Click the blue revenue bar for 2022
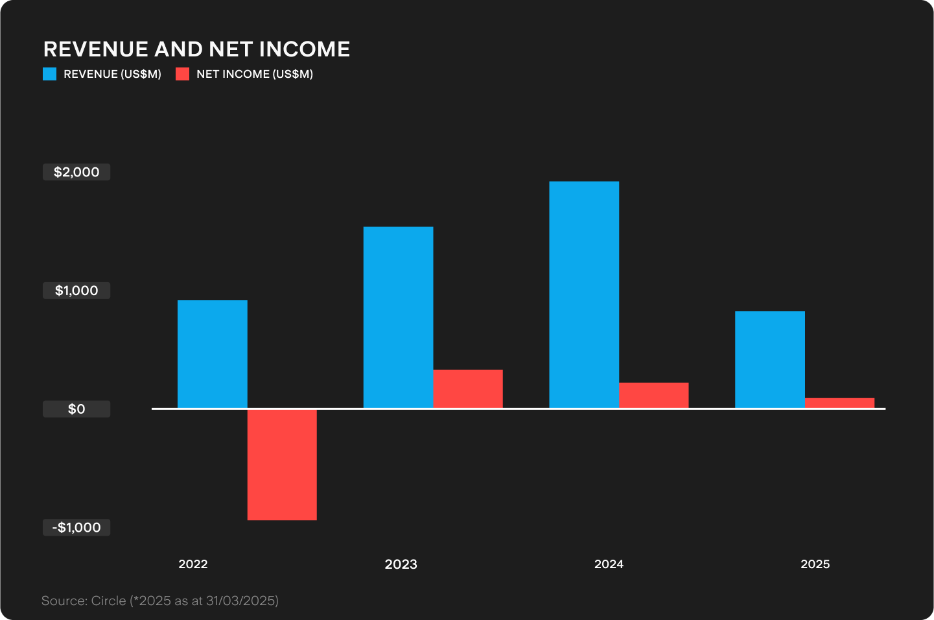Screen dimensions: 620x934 click(x=212, y=354)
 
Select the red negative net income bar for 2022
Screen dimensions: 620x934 click(x=282, y=464)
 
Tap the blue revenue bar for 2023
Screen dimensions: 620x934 click(x=398, y=317)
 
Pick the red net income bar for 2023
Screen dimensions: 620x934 click(x=468, y=389)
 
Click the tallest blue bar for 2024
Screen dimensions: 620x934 click(x=584, y=294)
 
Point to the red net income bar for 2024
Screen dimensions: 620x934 click(x=653, y=396)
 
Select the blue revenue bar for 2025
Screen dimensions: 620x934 click(x=769, y=359)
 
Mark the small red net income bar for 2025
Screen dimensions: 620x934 click(x=839, y=403)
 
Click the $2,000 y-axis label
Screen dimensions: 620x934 click(x=76, y=172)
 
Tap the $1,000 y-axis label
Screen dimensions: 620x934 click(x=76, y=291)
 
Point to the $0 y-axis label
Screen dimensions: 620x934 click(x=76, y=409)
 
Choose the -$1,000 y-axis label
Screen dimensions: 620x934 click(x=76, y=527)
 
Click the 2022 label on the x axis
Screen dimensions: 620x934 click(x=193, y=564)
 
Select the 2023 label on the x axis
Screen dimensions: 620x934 click(x=401, y=564)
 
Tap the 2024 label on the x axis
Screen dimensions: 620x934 click(x=609, y=564)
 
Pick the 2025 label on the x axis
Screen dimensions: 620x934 click(x=815, y=564)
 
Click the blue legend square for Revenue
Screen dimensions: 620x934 click(x=50, y=74)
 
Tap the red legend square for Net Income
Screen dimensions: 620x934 click(x=182, y=74)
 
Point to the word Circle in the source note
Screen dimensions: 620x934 click(x=108, y=601)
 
